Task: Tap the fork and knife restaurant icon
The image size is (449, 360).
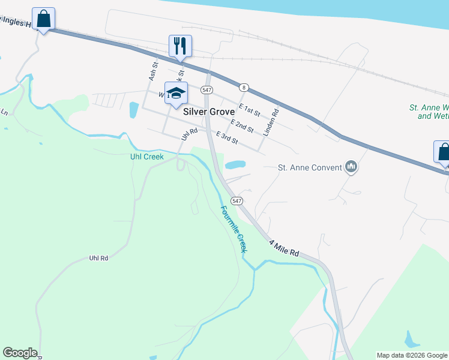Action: [179, 45]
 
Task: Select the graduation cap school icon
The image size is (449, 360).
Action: [176, 93]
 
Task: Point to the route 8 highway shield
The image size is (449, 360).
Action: [243, 88]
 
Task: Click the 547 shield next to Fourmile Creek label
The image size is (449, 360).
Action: [237, 200]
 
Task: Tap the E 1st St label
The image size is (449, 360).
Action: [249, 110]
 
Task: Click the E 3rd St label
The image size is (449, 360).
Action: [228, 139]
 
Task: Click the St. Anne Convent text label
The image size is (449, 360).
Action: [309, 167]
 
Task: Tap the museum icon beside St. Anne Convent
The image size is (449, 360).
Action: [352, 167]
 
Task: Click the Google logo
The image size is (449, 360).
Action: [20, 353]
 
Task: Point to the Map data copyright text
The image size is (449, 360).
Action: [412, 355]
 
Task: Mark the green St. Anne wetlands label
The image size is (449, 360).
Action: [429, 112]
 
